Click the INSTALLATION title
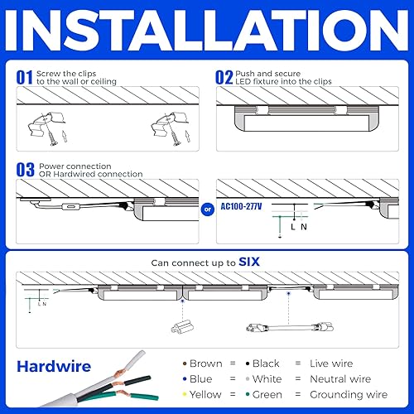[x=207, y=31]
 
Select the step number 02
[x=225, y=77]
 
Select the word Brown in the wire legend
[x=205, y=363]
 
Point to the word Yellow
[x=205, y=394]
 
